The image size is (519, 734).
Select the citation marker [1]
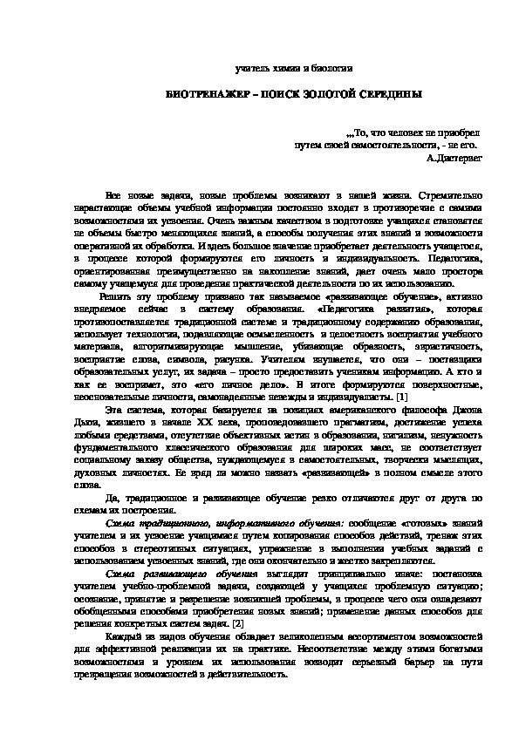point(401,397)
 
